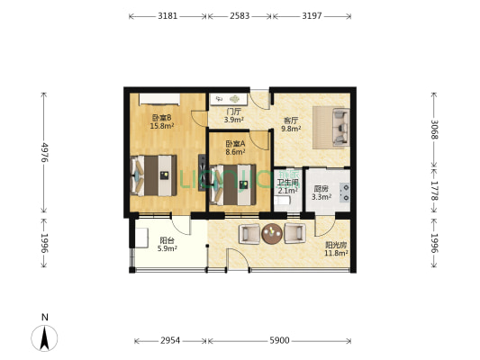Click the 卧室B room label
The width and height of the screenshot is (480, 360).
pyautogui.click(x=162, y=122)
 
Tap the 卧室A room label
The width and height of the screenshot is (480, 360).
pyautogui.click(x=235, y=148)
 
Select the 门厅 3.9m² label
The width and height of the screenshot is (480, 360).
pyautogui.click(x=234, y=116)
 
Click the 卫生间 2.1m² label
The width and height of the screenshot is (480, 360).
pyautogui.click(x=288, y=185)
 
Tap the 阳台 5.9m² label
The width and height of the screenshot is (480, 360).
pyautogui.click(x=168, y=245)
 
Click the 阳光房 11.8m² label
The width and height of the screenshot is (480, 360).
pyautogui.click(x=335, y=248)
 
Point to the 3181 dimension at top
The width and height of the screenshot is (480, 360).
pyautogui.click(x=167, y=16)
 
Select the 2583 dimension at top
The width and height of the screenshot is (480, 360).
pyautogui.click(x=239, y=16)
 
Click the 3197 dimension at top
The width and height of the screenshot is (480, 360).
pyautogui.click(x=312, y=16)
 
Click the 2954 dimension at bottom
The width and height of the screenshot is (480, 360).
pyautogui.click(x=170, y=341)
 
